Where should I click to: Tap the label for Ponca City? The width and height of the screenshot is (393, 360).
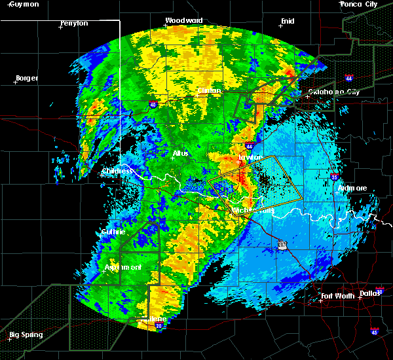point(358,5)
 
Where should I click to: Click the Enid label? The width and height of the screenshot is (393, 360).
point(287,21)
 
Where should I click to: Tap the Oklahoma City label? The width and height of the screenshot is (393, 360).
point(334,92)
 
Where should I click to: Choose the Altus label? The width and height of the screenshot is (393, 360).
point(180,153)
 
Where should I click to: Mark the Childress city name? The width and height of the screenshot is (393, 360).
point(118,171)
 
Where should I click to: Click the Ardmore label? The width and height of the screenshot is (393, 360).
point(352,189)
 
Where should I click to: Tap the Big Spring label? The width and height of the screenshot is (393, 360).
point(26,335)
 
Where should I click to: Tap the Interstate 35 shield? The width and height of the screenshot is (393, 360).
point(335,177)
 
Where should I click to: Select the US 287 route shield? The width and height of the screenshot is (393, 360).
point(282,243)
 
